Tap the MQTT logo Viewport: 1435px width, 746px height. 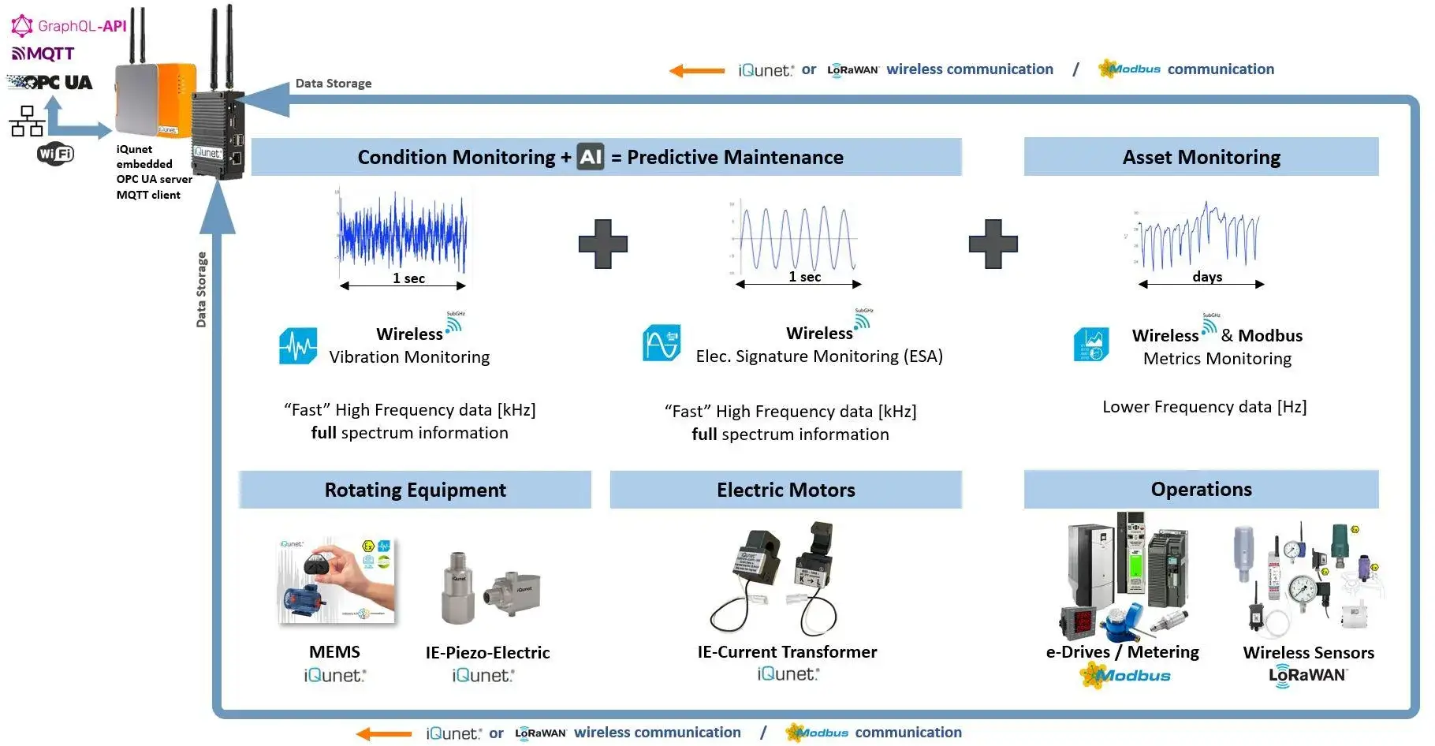(x=43, y=54)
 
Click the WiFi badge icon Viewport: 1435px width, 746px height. (x=55, y=153)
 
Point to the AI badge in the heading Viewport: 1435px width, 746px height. (x=590, y=157)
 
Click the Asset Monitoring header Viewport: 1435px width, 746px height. (x=1201, y=157)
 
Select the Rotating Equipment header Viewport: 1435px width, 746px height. (x=415, y=490)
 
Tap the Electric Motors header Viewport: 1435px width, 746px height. (x=785, y=490)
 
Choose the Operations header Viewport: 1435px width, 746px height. (x=1201, y=489)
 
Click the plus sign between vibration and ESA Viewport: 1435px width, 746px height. (x=603, y=244)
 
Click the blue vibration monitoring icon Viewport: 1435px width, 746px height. (x=298, y=346)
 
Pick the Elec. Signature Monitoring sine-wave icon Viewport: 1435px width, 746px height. (x=662, y=343)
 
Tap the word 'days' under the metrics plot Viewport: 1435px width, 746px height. (x=1207, y=277)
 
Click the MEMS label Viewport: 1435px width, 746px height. (x=334, y=652)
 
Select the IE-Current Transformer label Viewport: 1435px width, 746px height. (x=787, y=652)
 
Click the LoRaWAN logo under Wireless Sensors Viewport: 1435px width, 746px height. (x=1307, y=676)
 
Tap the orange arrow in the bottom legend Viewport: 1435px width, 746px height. (x=384, y=734)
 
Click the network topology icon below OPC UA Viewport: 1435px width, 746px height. (x=27, y=121)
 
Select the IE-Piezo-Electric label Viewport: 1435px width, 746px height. (x=487, y=653)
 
